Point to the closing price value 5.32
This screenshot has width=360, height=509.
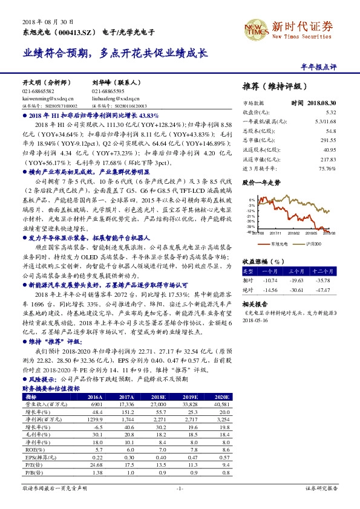[330, 112]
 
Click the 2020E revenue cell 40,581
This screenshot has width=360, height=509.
[221, 404]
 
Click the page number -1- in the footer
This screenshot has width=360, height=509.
[180, 487]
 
